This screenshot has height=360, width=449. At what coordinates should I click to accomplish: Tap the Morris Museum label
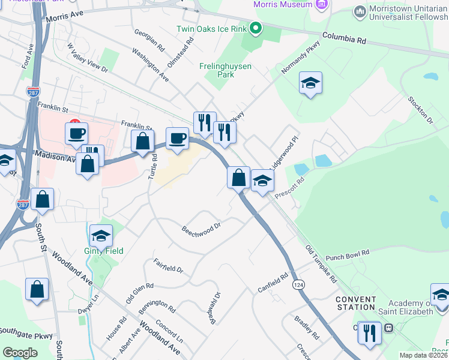tap(283, 5)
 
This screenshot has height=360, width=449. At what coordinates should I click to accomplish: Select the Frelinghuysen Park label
tap(225, 70)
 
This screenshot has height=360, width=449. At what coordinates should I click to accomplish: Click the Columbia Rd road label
tap(344, 38)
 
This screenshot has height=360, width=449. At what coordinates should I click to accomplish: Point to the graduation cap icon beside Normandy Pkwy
tap(310, 83)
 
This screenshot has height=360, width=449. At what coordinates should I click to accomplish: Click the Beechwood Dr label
tap(202, 229)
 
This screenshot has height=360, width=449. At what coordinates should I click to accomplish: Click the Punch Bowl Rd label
tap(347, 255)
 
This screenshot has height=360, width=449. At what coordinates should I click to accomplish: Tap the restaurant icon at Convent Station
tap(369, 332)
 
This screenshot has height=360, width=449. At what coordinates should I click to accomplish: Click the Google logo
tap(20, 353)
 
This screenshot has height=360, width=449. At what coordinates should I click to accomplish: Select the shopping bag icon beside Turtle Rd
tap(143, 142)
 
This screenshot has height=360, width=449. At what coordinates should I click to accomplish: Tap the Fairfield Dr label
tap(168, 266)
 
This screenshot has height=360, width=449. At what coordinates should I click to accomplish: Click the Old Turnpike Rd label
tap(321, 264)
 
